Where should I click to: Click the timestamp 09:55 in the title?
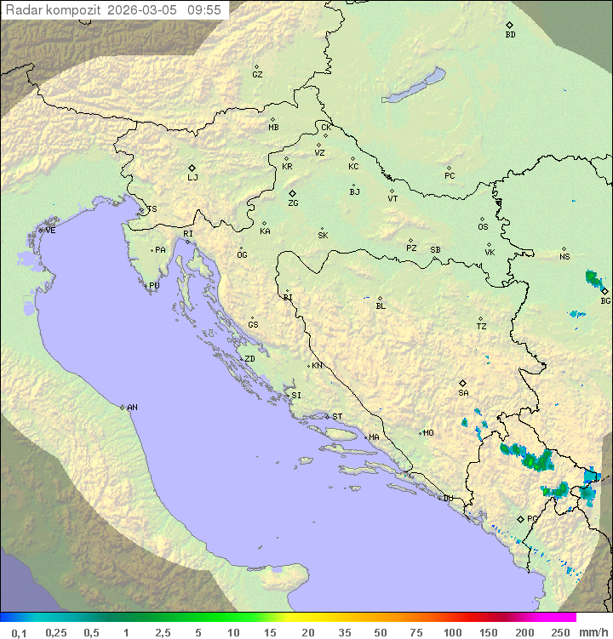tap(203, 10)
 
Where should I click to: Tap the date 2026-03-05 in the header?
tap(143, 10)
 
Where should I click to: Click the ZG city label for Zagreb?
tap(293, 203)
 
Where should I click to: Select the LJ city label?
tap(192, 178)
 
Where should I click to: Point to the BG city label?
tap(605, 300)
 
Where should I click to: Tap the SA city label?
tap(463, 392)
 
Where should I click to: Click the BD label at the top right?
tap(510, 35)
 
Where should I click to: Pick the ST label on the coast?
tap(337, 417)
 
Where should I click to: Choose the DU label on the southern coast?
tap(448, 499)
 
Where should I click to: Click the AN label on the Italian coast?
tap(132, 408)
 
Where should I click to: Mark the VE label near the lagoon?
tap(50, 231)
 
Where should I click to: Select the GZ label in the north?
tap(257, 75)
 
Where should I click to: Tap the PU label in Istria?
tap(154, 286)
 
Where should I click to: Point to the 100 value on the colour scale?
tap(452, 632)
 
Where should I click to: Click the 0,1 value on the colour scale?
tap(18, 632)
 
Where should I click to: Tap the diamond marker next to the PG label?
tap(521, 518)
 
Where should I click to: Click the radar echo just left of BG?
tap(593, 278)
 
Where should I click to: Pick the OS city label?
tap(483, 227)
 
